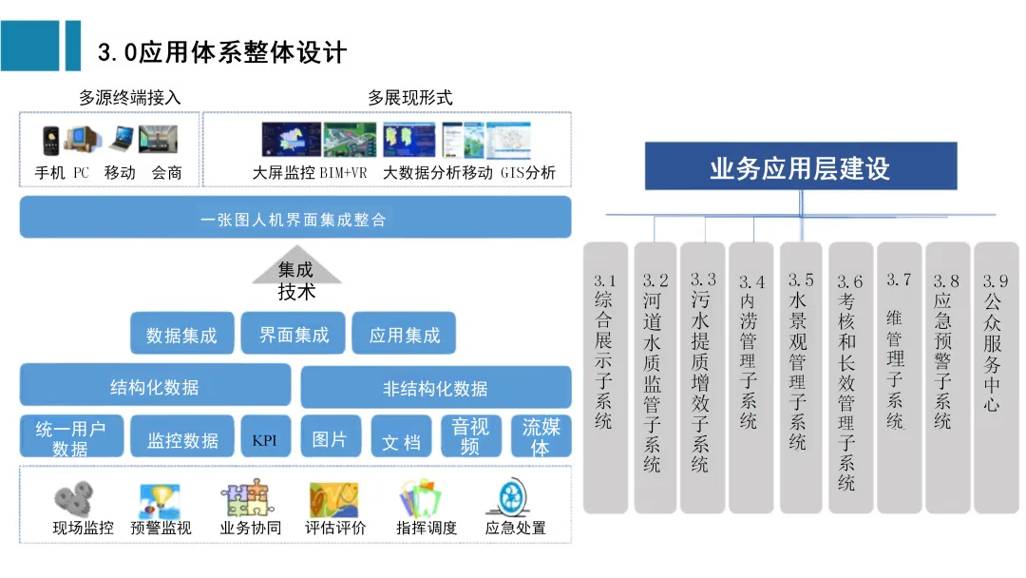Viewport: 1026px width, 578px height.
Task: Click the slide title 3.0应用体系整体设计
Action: [x=222, y=51]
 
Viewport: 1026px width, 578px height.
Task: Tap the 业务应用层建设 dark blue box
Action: [x=800, y=168]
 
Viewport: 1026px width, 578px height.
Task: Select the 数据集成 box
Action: [x=181, y=335]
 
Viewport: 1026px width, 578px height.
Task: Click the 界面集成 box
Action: [x=294, y=334]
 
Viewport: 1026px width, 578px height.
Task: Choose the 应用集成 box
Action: [x=405, y=335]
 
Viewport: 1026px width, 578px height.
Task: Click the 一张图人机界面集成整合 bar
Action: [x=294, y=219]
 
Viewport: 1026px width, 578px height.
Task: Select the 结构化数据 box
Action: [x=155, y=386]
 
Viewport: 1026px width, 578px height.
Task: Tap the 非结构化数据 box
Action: [x=435, y=388]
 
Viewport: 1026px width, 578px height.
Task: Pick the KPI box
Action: [x=265, y=440]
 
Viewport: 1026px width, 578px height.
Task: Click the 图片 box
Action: [x=330, y=439]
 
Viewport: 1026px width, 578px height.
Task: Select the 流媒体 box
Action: [x=541, y=438]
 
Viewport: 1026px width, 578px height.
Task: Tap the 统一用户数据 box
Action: [x=70, y=438]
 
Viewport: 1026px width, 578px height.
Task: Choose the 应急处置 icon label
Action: [x=515, y=528]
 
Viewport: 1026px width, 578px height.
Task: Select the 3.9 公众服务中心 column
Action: [x=996, y=377]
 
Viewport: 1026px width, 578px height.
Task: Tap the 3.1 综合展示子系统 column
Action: [x=605, y=377]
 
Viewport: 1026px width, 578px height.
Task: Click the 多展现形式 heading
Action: [x=409, y=98]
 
